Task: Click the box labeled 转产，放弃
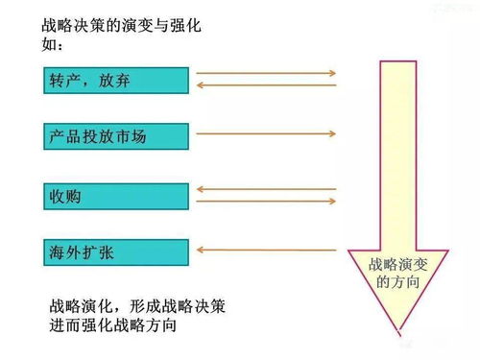click(115, 79)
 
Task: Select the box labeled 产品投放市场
click(115, 137)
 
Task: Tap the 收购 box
click(115, 196)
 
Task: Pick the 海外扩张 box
click(115, 252)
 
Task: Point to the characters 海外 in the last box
click(65, 252)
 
